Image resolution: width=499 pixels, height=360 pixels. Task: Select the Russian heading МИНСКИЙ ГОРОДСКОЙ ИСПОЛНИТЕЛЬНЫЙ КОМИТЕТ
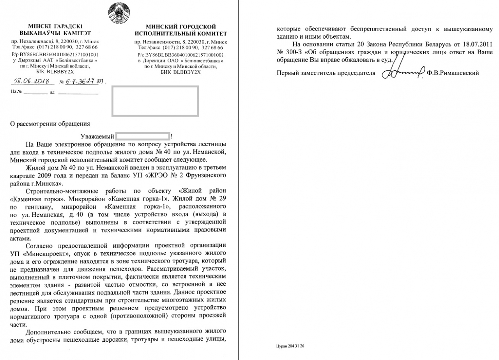point(180,30)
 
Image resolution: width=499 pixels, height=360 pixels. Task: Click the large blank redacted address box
point(155,101)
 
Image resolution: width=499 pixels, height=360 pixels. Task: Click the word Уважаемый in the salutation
point(97,137)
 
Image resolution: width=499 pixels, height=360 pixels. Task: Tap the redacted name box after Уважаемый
point(143,137)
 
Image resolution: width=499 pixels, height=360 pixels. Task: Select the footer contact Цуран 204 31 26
point(290,346)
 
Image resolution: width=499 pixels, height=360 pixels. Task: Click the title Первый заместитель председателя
point(326,73)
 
